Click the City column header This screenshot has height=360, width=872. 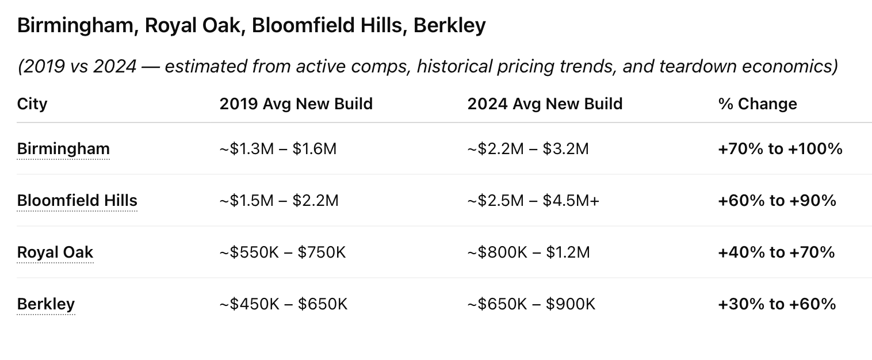(x=32, y=104)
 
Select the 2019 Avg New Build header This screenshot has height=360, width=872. (x=296, y=104)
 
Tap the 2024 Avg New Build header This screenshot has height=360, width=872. (x=545, y=104)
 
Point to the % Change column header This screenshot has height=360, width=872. (x=758, y=104)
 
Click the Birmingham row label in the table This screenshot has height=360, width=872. (x=63, y=149)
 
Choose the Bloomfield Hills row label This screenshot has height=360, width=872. (x=77, y=201)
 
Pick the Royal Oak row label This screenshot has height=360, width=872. (x=55, y=252)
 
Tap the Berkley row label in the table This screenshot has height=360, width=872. (x=46, y=304)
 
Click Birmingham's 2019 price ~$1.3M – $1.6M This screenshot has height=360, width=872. (x=278, y=149)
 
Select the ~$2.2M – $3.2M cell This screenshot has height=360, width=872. (x=528, y=149)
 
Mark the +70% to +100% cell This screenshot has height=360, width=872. (x=780, y=149)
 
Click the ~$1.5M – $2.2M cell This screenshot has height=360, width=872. (x=279, y=201)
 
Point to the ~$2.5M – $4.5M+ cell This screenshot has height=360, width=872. (x=533, y=201)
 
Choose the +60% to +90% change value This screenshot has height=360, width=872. (x=777, y=201)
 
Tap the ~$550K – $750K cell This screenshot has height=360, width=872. (x=282, y=252)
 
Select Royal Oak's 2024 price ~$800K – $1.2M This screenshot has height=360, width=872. (x=529, y=252)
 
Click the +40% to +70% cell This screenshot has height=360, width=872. (x=777, y=252)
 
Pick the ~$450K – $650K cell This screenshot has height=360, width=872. (x=284, y=304)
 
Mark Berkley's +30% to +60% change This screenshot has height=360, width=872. (x=777, y=304)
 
